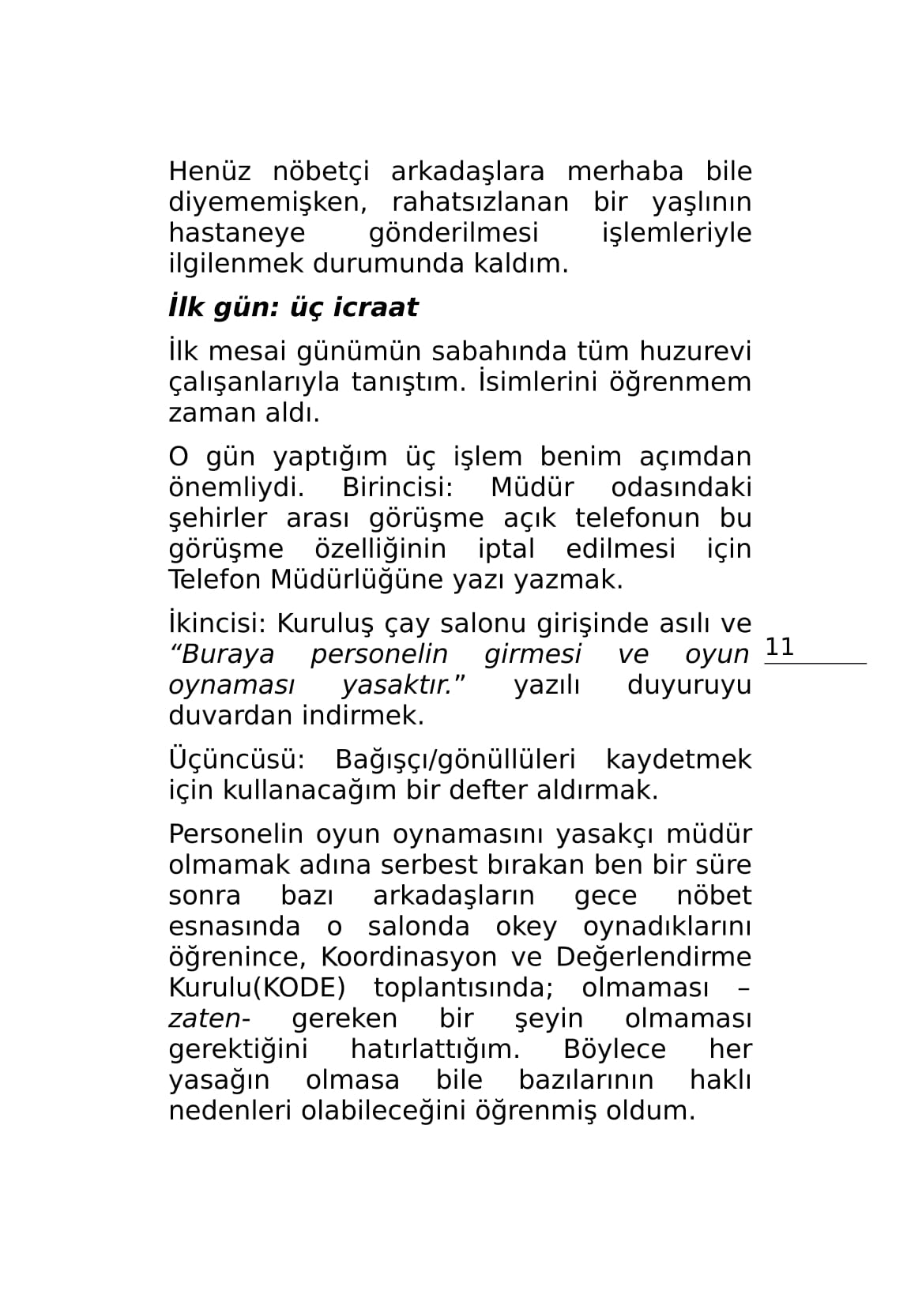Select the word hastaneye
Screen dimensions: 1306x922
coord(236,233)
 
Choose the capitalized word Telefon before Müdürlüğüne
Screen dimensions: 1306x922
coord(214,580)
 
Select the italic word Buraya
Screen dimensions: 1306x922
coord(223,655)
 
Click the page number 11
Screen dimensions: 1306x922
coord(780,648)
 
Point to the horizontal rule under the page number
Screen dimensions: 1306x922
coord(815,664)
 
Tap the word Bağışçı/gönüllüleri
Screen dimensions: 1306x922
coord(455,760)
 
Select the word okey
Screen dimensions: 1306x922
coord(526,927)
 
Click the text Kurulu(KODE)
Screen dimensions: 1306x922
coord(257,988)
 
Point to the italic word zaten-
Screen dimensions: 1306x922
coord(209,1019)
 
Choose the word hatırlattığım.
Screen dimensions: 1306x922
coord(435,1050)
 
